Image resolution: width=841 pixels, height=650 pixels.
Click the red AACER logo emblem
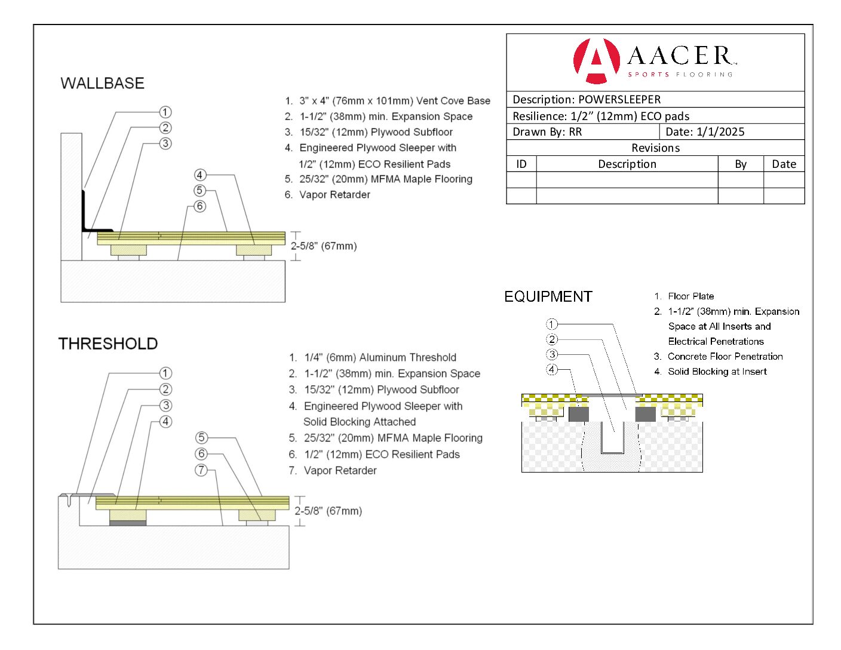(596, 60)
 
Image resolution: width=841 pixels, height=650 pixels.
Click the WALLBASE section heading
(102, 83)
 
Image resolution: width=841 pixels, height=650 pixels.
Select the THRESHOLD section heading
(108, 344)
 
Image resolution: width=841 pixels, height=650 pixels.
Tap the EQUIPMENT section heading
(548, 297)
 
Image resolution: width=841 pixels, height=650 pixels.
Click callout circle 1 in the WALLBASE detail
(165, 112)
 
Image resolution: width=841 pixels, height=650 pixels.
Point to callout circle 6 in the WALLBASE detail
(199, 206)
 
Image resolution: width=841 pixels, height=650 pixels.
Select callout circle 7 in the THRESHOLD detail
(201, 470)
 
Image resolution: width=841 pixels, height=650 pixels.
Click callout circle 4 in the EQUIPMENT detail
(552, 370)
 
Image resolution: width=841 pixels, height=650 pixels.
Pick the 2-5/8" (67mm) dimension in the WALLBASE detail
(323, 246)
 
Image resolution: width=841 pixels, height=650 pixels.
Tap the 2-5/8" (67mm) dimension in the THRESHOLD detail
(328, 511)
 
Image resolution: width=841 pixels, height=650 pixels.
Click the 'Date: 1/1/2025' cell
(705, 132)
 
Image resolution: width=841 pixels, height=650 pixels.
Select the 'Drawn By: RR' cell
(547, 132)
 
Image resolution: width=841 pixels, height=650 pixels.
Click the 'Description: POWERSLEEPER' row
(587, 100)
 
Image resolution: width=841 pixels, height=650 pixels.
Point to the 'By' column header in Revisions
(741, 164)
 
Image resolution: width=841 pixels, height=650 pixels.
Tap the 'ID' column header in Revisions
(521, 164)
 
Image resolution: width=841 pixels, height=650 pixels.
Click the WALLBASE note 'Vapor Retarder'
(334, 195)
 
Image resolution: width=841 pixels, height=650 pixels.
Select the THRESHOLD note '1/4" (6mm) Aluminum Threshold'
(380, 357)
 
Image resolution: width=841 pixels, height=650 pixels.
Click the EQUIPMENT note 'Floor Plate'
(690, 296)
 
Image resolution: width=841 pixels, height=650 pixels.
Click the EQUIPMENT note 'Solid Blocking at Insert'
(717, 372)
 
